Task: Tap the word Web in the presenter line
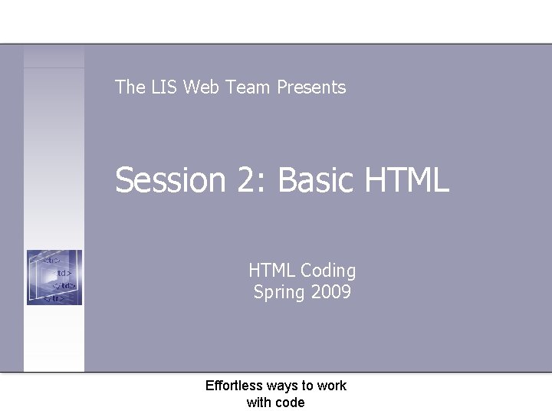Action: [201, 87]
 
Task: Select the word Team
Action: [249, 87]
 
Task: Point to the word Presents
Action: [311, 87]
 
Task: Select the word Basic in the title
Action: [314, 181]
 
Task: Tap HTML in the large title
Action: [406, 181]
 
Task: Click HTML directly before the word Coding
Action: [271, 271]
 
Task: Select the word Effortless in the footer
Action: [234, 386]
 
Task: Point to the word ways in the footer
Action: [283, 386]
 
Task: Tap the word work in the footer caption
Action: [331, 386]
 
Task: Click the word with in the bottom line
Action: [257, 402]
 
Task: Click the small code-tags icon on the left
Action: [54, 278]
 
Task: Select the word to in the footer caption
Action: [307, 386]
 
